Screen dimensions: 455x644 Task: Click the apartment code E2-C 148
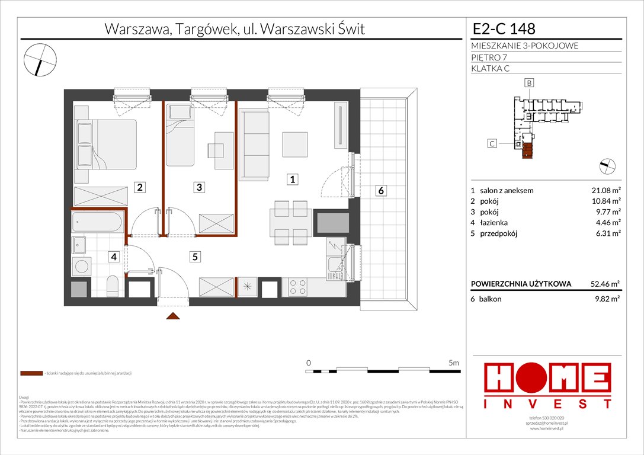point(504,28)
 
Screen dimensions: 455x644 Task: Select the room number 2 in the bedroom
point(139,187)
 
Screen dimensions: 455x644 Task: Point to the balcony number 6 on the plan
point(382,190)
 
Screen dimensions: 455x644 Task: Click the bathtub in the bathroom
point(98,223)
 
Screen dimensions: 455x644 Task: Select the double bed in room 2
point(106,145)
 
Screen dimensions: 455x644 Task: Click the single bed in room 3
point(178,136)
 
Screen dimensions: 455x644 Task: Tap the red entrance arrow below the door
point(172,316)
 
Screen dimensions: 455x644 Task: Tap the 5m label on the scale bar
point(454,362)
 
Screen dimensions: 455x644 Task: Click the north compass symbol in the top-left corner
point(40,59)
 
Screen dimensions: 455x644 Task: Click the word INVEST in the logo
point(547,403)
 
